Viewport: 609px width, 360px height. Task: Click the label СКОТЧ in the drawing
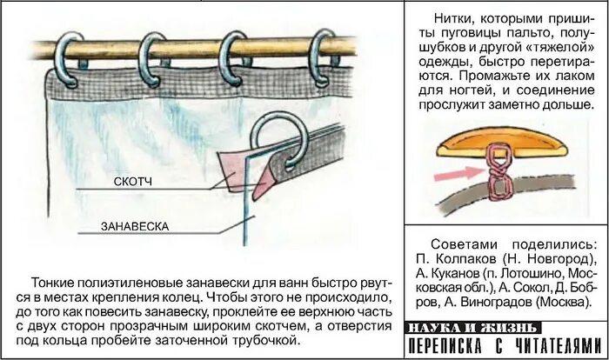click(133, 182)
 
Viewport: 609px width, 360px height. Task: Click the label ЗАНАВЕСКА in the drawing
click(135, 227)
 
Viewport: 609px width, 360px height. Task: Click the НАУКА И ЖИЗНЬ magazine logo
click(473, 328)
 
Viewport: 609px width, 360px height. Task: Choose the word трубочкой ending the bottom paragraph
click(268, 340)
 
